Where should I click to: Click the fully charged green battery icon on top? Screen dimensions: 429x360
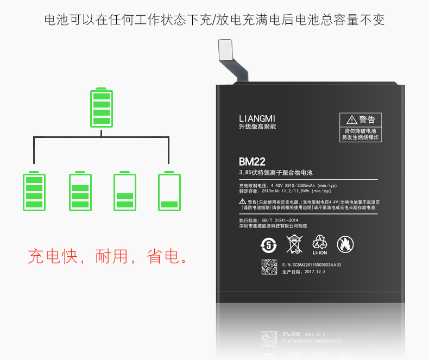pyautogui.click(x=101, y=109)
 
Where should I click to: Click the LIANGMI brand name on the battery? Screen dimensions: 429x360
pyautogui.click(x=257, y=118)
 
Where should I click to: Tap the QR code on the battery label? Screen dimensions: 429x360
pyautogui.click(x=270, y=267)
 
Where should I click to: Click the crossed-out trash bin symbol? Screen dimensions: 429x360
pyautogui.click(x=294, y=244)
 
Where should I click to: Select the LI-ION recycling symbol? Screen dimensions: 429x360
pyautogui.click(x=320, y=244)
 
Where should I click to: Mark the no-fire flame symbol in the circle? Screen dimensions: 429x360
pyautogui.click(x=344, y=244)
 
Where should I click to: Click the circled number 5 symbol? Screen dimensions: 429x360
pyautogui.click(x=268, y=244)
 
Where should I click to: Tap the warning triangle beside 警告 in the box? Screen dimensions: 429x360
pyautogui.click(x=351, y=119)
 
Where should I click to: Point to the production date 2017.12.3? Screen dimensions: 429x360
pyautogui.click(x=315, y=271)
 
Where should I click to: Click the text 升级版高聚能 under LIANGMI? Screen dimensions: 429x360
pyautogui.click(x=257, y=127)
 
